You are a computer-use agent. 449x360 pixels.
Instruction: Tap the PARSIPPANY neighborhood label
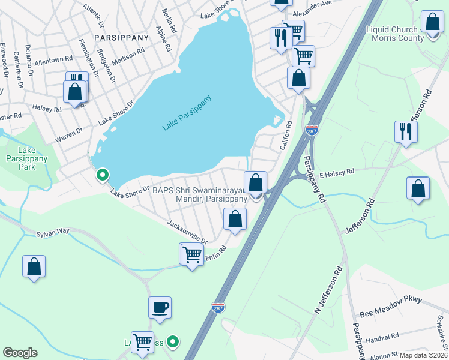pos(121,37)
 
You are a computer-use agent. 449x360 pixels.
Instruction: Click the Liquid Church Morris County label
pos(394,34)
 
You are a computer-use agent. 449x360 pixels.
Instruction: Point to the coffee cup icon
pos(160,308)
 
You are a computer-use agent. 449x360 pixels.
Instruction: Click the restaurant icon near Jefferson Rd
pos(406,131)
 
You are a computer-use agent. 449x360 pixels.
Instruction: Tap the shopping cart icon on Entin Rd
pos(192,254)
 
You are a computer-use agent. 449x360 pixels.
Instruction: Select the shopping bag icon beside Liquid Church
pos(432,22)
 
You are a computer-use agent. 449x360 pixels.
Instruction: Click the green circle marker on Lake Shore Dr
pos(103,175)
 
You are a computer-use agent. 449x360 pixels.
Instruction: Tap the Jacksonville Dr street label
pos(187,232)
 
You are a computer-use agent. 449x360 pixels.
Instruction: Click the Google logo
pos(20,353)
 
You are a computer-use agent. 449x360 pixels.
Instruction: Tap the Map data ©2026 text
pos(423,355)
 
